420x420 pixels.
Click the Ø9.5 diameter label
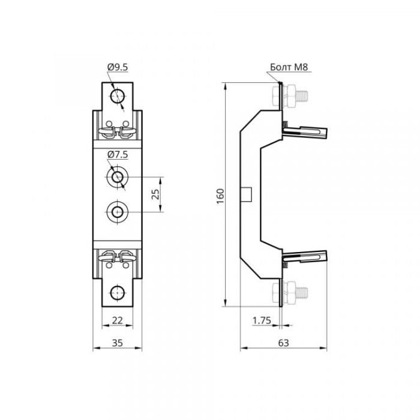(118, 67)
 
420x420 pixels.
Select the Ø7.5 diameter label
(118, 155)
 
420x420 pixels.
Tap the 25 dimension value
(155, 194)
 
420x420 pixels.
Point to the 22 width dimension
(118, 320)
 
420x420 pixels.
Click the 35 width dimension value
(118, 343)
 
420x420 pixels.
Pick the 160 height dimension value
(220, 196)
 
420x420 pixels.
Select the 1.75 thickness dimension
(262, 320)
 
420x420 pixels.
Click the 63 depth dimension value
(284, 343)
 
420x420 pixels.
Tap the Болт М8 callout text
(289, 67)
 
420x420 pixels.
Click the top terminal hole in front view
(118, 96)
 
